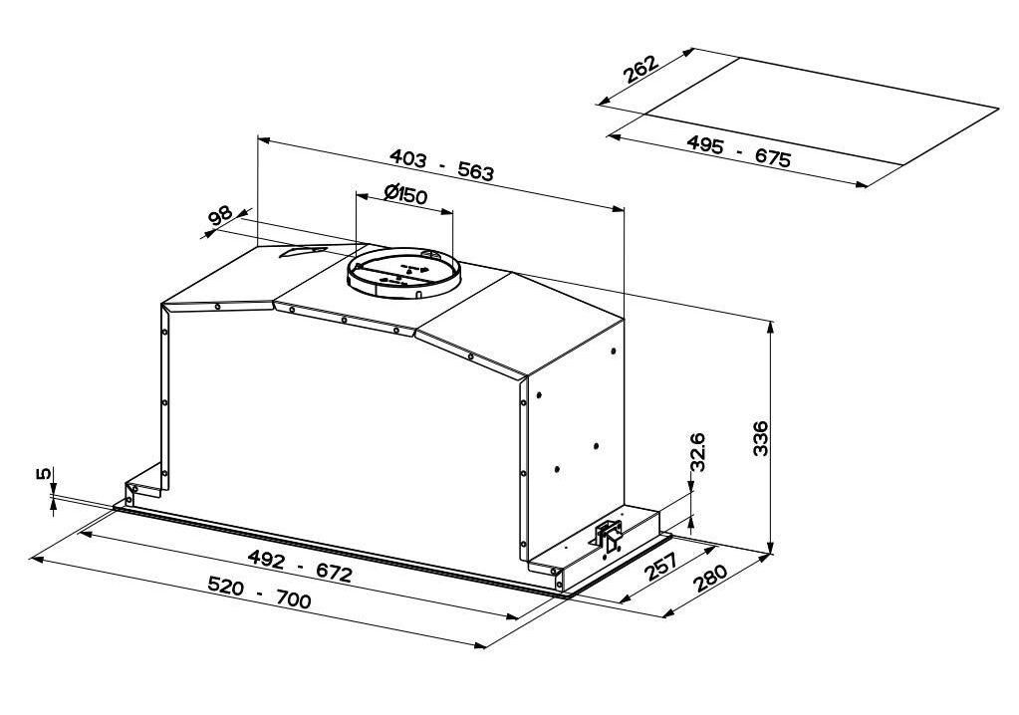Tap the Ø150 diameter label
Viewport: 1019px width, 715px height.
pos(404,194)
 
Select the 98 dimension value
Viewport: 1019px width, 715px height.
pos(221,216)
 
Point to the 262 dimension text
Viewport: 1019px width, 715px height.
pos(640,70)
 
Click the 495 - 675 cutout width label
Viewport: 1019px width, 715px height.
pos(739,151)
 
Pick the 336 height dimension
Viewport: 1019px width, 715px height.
pos(760,438)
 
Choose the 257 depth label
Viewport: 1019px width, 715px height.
pos(661,567)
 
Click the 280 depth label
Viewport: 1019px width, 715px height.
pos(710,579)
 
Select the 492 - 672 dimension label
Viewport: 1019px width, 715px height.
pos(300,566)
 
